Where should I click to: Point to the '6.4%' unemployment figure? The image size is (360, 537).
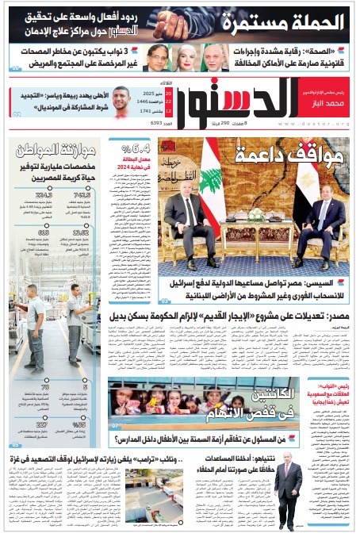(x=137, y=146)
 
